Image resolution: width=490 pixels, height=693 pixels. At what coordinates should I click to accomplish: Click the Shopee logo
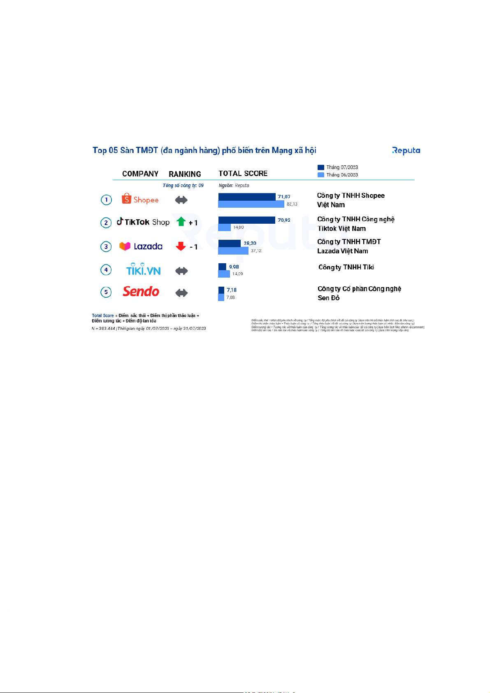(x=140, y=199)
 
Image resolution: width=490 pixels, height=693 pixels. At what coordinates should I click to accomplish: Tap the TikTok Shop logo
(x=143, y=222)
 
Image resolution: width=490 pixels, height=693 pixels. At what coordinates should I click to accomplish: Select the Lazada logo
(x=141, y=246)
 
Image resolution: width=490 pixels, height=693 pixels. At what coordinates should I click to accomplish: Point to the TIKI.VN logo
(x=143, y=269)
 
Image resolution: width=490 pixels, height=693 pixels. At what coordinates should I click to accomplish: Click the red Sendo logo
(x=141, y=292)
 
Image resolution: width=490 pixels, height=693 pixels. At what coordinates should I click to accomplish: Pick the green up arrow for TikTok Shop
(x=181, y=222)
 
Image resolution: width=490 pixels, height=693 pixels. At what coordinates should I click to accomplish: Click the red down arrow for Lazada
(x=181, y=246)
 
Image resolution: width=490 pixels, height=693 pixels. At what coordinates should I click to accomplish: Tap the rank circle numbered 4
(x=106, y=270)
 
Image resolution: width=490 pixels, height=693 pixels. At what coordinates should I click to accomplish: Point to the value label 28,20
(x=250, y=243)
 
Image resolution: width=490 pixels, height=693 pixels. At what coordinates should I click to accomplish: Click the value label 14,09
(x=237, y=274)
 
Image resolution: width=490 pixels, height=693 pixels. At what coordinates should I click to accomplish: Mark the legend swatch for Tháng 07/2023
(x=321, y=167)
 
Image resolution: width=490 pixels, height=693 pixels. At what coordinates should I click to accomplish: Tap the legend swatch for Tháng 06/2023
(x=321, y=175)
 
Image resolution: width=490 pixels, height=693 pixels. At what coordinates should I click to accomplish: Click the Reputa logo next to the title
(x=406, y=151)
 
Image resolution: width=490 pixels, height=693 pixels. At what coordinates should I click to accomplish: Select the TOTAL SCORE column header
(x=243, y=174)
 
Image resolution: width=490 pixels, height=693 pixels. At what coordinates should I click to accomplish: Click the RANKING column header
(x=185, y=174)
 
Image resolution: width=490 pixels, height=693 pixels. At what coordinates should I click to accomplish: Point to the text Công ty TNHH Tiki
(x=346, y=267)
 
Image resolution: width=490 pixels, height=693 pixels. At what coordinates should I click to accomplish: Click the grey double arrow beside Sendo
(x=181, y=293)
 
